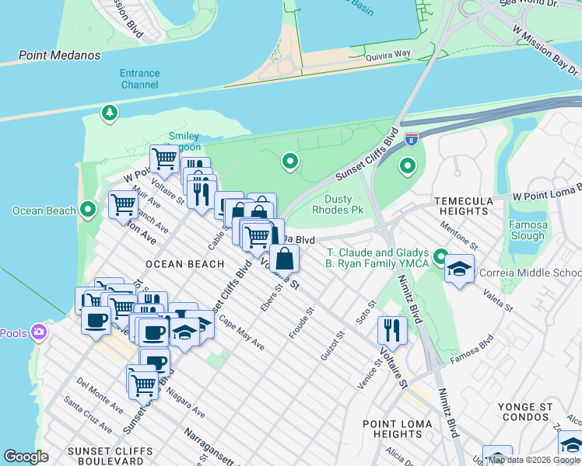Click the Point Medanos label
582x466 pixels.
(x=61, y=55)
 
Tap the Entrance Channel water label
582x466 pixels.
(x=140, y=78)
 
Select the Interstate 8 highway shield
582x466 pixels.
(x=412, y=139)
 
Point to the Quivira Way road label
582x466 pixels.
(x=389, y=54)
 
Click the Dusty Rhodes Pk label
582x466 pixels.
(x=338, y=204)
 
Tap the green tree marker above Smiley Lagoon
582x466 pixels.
(x=110, y=113)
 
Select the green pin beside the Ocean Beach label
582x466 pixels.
(x=88, y=210)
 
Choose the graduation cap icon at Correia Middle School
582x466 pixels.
(x=459, y=269)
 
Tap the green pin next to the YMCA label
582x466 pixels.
(x=441, y=256)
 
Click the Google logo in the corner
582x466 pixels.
(x=26, y=457)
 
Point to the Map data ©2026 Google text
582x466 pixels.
(x=534, y=460)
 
